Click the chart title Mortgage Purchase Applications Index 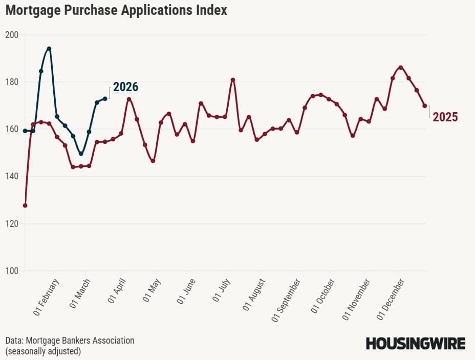click(116, 10)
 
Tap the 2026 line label click(125, 87)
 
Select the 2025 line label click(445, 117)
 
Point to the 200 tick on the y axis click(11, 35)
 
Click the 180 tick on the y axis click(11, 82)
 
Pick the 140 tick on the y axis click(11, 177)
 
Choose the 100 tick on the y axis click(11, 271)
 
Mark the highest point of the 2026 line click(49, 49)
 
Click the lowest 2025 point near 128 click(25, 205)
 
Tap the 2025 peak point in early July click(233, 79)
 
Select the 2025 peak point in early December click(401, 67)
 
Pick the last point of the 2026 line click(105, 98)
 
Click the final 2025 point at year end click(425, 106)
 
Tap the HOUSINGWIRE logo click(416, 343)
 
